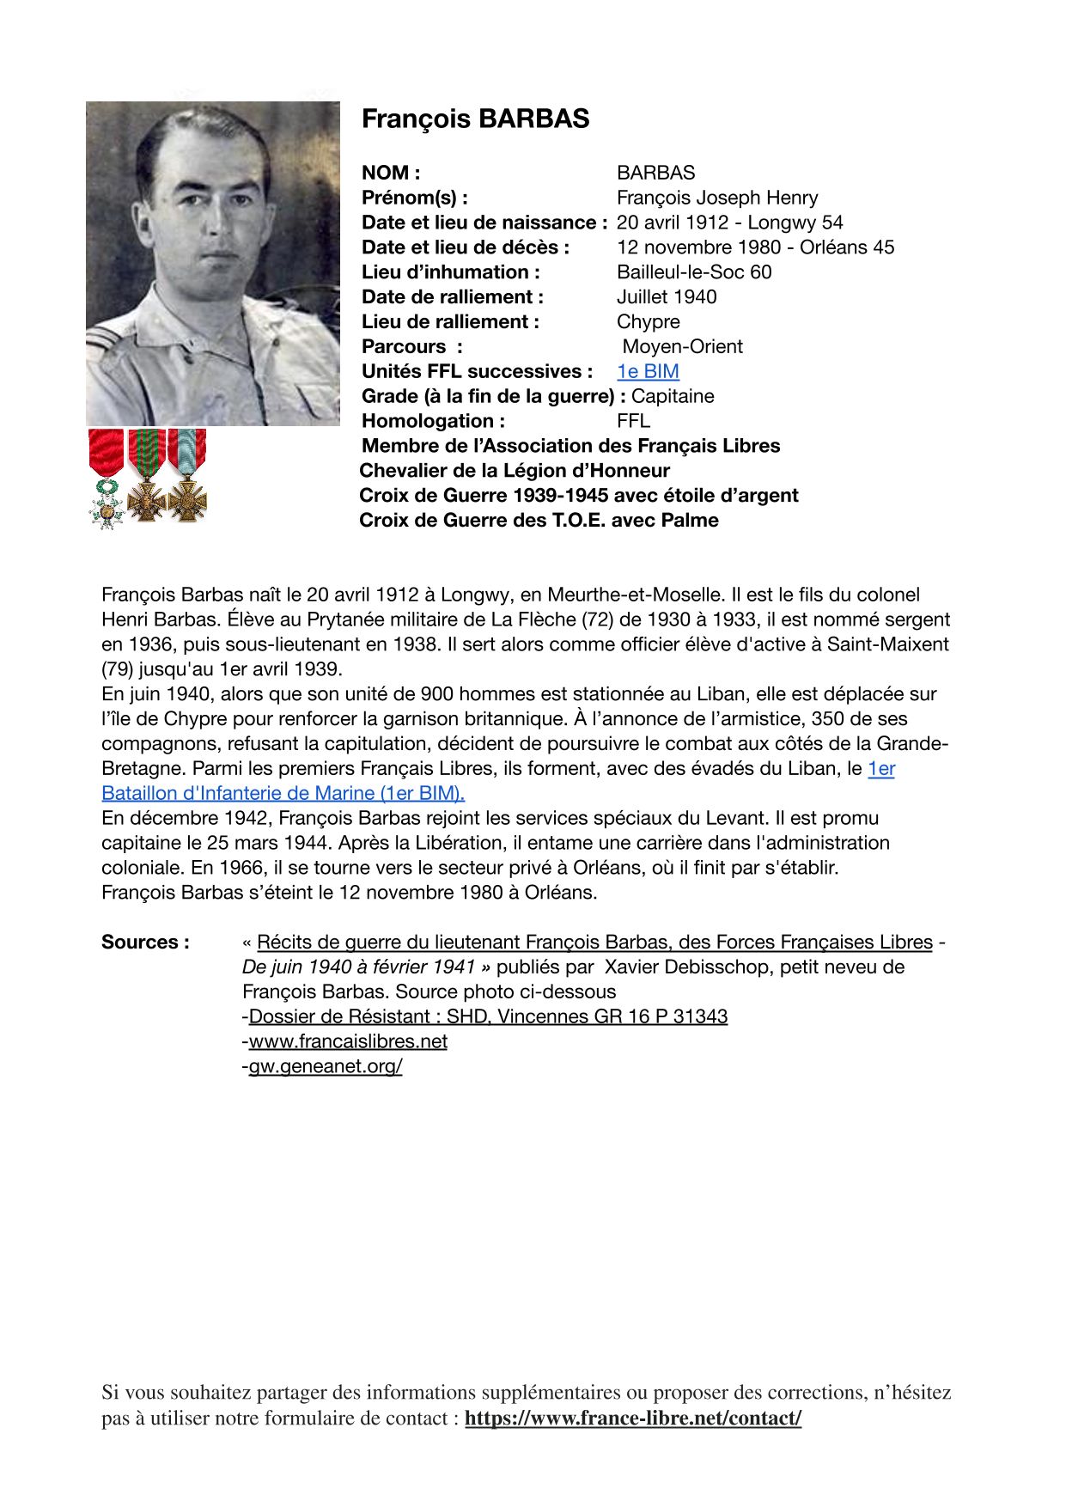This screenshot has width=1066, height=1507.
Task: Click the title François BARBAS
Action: point(475,119)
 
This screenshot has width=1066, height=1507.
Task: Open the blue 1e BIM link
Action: point(648,371)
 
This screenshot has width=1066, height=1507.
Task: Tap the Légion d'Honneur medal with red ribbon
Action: point(107,478)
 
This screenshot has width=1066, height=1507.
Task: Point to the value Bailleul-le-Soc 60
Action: point(694,272)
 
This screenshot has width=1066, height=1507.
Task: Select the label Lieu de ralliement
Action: point(450,322)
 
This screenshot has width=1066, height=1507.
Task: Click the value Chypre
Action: point(648,322)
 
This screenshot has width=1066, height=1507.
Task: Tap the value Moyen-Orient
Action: point(682,347)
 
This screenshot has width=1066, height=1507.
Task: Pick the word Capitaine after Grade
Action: point(673,396)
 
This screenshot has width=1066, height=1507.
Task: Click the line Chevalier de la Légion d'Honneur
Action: point(515,471)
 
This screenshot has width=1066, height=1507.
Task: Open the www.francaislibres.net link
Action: point(348,1041)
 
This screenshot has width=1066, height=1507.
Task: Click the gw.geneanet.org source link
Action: point(326,1066)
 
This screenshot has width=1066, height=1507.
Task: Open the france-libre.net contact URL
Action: point(633,1418)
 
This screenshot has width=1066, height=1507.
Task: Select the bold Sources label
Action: point(145,943)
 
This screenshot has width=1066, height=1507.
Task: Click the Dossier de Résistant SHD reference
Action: point(488,1016)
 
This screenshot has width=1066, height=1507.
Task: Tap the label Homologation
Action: point(433,421)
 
